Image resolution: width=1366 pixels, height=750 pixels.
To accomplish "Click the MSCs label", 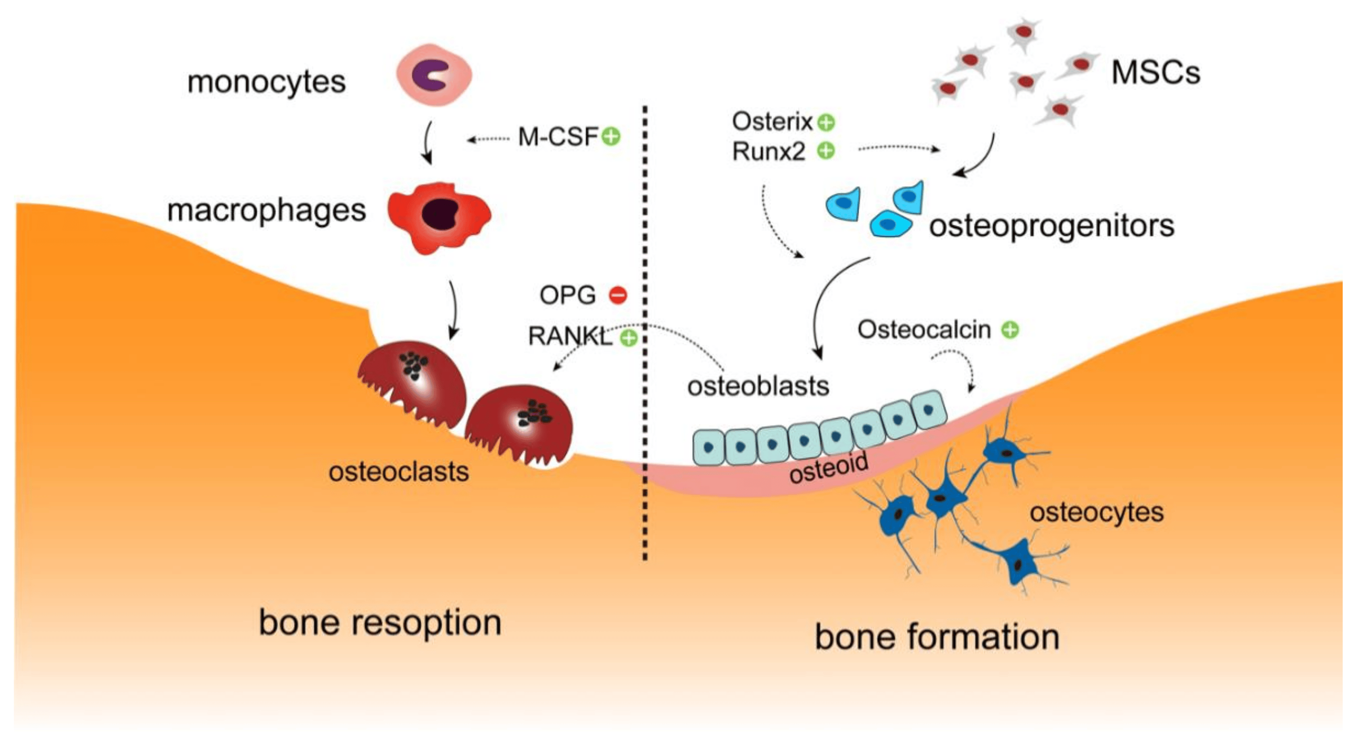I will (1156, 72).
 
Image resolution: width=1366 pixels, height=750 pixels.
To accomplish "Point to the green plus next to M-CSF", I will (611, 137).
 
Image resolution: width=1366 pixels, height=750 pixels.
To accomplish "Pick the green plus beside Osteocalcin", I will (1010, 330).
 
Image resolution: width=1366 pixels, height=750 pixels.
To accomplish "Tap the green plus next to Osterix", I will (826, 123).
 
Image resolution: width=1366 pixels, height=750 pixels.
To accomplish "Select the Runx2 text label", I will (768, 152).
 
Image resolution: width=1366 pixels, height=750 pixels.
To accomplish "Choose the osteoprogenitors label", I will (1052, 225).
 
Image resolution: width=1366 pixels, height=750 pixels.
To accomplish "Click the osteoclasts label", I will (399, 471).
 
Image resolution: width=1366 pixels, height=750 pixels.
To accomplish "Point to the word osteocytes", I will (1097, 512).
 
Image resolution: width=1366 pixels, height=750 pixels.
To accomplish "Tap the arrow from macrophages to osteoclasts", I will (454, 310).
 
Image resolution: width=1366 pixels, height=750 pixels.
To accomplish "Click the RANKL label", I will (570, 336).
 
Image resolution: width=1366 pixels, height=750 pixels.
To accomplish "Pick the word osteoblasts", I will (758, 386).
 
